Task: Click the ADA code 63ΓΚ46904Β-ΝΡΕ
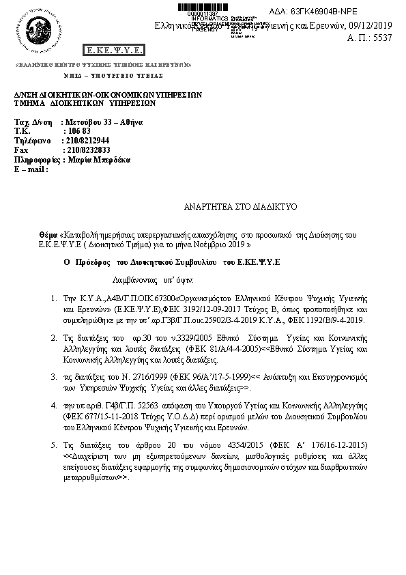[360, 12]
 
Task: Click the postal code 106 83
[78, 130]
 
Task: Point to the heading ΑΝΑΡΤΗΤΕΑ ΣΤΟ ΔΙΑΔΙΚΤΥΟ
[231, 206]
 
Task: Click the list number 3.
[55, 376]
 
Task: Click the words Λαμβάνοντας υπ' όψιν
[143, 280]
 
